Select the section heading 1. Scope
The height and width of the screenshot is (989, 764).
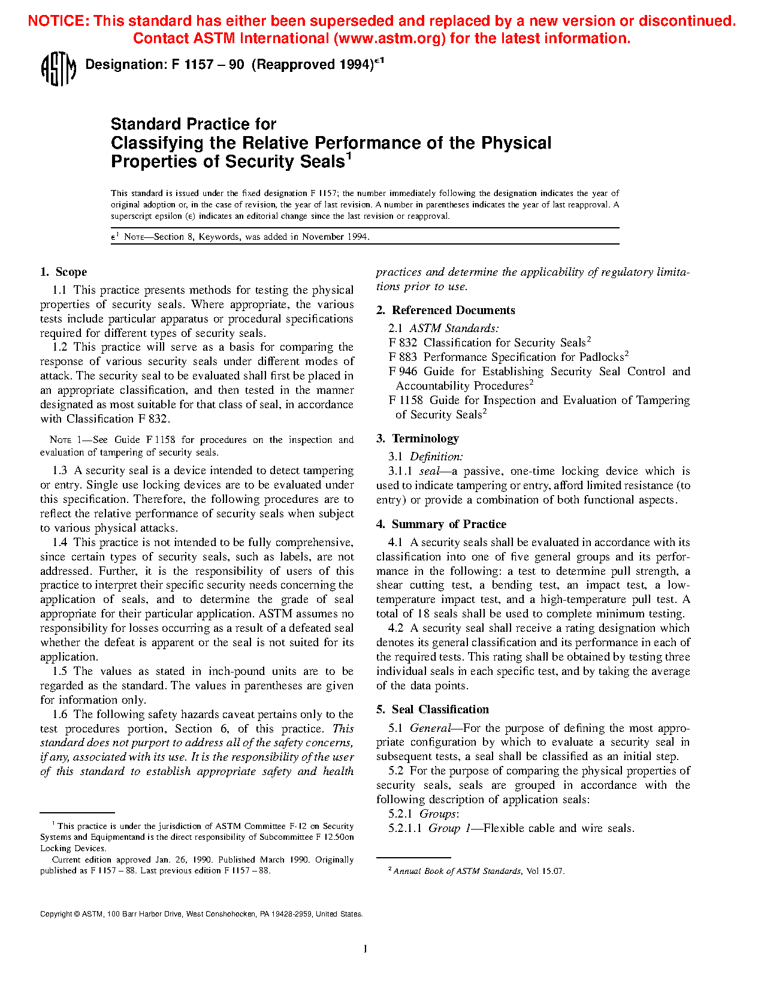point(64,272)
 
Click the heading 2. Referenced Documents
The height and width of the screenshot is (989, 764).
point(445,310)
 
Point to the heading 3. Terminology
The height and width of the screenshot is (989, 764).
point(418,438)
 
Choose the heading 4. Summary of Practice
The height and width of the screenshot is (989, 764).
point(441,524)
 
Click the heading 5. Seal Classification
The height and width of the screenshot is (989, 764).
point(433,709)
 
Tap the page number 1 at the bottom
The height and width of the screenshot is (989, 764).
point(365,948)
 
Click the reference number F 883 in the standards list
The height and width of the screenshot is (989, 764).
point(403,357)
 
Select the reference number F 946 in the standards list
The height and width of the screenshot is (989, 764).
point(403,372)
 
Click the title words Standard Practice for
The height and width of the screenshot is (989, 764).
point(194,124)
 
